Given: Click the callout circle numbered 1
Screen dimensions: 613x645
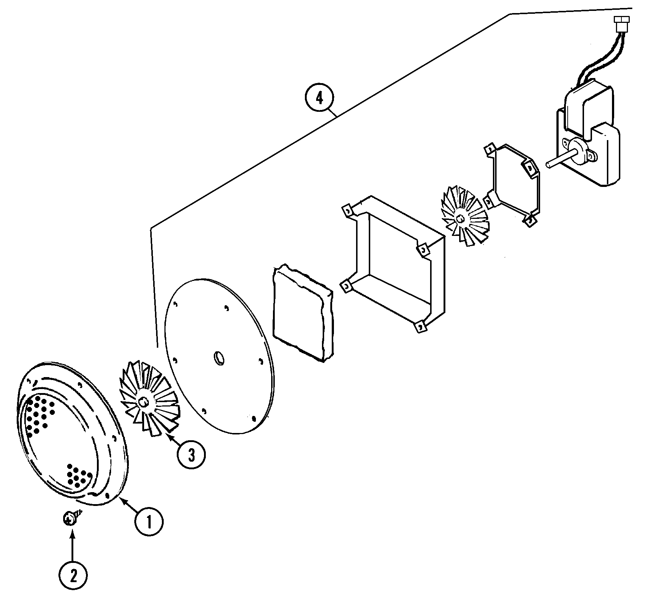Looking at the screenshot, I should point(149,522).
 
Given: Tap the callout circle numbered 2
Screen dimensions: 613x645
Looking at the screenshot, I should point(73,576).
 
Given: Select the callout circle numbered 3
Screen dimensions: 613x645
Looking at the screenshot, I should point(191,454).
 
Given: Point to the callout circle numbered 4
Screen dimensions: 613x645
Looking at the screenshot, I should point(319,98).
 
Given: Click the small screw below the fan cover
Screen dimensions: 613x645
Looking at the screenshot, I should point(69,519).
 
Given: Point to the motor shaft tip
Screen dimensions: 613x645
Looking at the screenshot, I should point(548,165).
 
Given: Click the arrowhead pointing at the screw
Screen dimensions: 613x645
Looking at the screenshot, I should point(73,532).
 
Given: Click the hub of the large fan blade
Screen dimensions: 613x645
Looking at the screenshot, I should point(144,402).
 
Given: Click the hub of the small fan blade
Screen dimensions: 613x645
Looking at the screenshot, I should point(461,218).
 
